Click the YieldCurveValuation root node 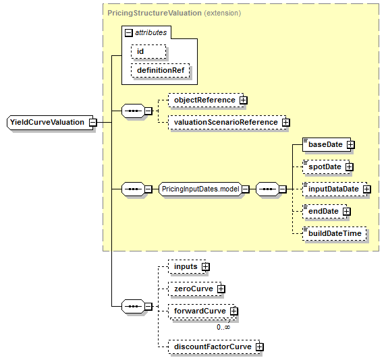(x=50, y=122)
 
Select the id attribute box (x=148, y=52)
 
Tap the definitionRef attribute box (x=160, y=71)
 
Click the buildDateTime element (x=334, y=233)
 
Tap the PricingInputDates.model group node (x=200, y=189)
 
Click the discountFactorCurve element (x=214, y=347)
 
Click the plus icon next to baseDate (x=350, y=144)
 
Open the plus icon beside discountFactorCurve (x=259, y=347)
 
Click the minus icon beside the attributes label (x=129, y=33)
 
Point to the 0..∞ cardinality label (x=223, y=327)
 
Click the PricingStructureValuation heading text (x=155, y=13)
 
